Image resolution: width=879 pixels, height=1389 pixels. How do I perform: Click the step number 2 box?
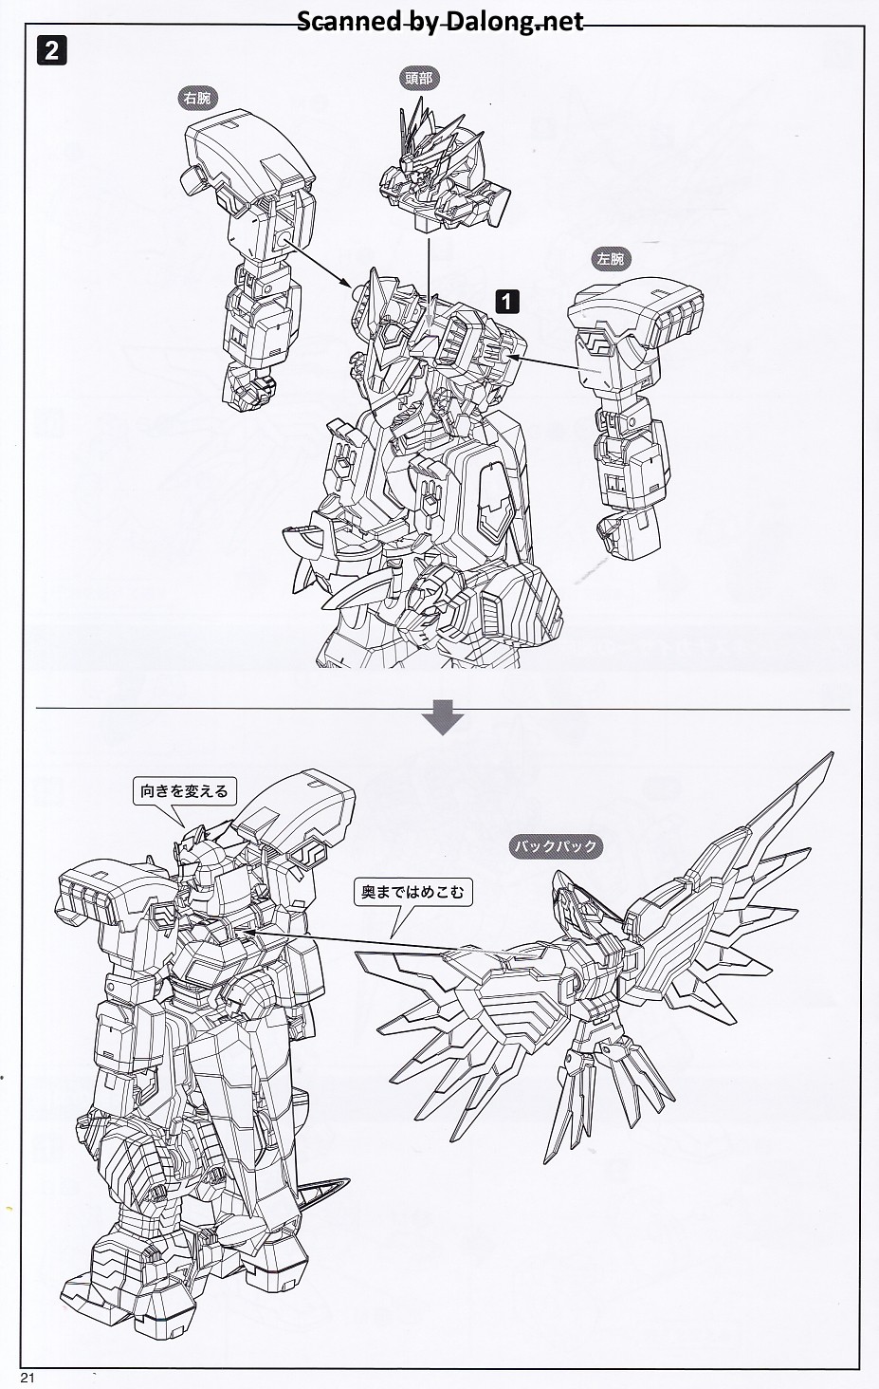pos(51,51)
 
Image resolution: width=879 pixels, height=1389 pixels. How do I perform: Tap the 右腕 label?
pos(198,98)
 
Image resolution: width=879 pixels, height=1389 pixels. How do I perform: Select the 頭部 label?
pos(419,78)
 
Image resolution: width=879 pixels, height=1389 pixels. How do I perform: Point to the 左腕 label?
pos(611,259)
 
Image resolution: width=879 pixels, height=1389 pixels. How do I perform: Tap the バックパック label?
pos(556,846)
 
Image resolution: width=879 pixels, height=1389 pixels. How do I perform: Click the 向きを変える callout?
pos(184,792)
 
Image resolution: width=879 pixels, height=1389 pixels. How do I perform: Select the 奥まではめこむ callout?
pos(412,892)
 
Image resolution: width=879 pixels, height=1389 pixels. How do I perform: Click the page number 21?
pos(27,1378)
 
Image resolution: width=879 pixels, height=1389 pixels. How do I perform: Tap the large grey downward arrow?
pos(443,717)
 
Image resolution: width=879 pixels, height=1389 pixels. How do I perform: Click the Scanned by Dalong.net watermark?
pos(440,21)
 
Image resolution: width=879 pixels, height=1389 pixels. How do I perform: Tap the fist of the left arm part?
pos(626,532)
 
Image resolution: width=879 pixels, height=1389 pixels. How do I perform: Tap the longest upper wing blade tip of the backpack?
pos(831,754)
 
